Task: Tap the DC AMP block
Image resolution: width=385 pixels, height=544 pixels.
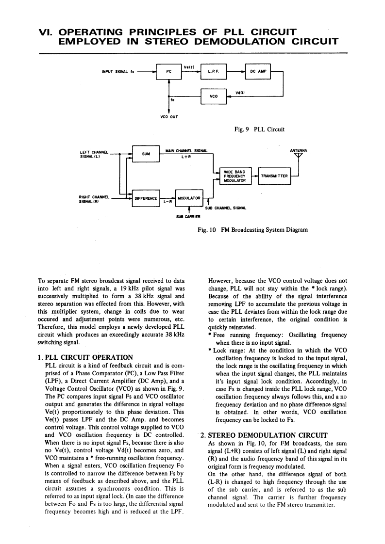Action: click(x=258, y=71)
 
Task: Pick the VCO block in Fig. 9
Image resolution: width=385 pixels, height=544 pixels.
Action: click(x=213, y=96)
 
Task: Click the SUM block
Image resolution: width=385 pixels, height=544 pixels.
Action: click(x=146, y=154)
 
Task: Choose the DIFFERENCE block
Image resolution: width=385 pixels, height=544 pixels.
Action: click(x=146, y=198)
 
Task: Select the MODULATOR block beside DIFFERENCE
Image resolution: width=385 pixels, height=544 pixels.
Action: click(x=189, y=198)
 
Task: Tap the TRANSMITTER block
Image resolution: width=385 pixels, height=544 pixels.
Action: click(x=275, y=176)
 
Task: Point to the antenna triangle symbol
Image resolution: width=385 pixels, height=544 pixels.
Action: click(x=297, y=155)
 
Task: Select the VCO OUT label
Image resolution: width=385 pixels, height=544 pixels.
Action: click(x=168, y=117)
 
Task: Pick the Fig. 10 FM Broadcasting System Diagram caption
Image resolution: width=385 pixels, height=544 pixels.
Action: click(x=250, y=230)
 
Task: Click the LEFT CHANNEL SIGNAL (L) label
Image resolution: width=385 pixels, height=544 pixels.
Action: click(x=93, y=154)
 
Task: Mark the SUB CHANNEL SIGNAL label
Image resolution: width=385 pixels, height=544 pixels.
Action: click(x=226, y=208)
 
